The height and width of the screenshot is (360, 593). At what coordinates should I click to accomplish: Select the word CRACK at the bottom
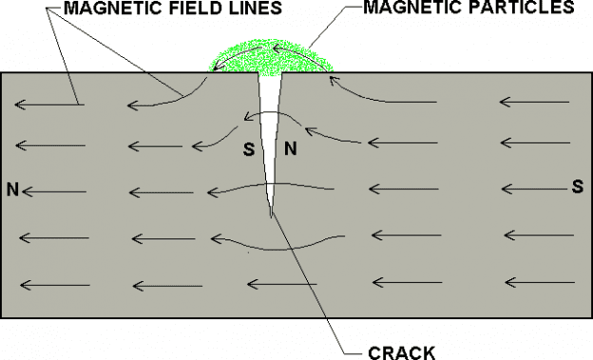(401, 351)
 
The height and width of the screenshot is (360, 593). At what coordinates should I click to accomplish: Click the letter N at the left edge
(12, 188)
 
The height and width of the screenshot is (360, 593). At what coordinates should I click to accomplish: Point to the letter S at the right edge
(576, 185)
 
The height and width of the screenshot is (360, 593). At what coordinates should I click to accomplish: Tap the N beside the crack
(292, 148)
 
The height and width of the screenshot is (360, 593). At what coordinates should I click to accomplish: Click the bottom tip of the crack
(272, 216)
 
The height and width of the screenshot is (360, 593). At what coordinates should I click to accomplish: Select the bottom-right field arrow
(540, 282)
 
